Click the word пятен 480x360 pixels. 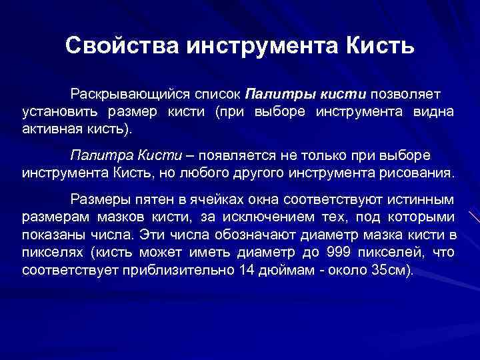point(159,199)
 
